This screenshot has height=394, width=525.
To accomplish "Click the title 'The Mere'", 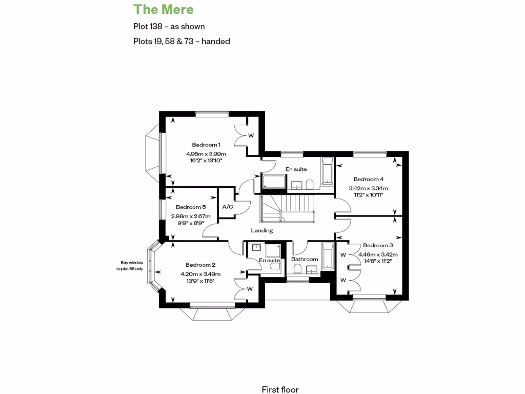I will point(164,9).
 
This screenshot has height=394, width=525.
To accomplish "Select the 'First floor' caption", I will point(280,390).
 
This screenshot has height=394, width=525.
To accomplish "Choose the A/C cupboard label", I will point(227,207).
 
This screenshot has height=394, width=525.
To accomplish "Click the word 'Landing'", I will point(261,231).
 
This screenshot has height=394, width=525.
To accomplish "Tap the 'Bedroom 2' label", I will point(200,265).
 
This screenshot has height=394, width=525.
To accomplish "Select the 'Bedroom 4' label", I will point(368,179).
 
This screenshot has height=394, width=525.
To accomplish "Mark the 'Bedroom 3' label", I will point(378,246).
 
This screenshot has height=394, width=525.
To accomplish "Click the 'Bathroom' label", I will point(305,260).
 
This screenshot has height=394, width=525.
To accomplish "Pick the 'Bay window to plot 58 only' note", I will point(128,266).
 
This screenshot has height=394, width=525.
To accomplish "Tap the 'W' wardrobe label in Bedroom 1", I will point(251,136).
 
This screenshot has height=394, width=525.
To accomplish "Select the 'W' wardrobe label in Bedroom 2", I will point(250,289).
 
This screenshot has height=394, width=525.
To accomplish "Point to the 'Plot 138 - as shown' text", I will point(169,26).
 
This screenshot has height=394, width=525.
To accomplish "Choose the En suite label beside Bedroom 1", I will point(296,169).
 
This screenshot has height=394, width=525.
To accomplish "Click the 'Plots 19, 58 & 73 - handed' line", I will point(181,41).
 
